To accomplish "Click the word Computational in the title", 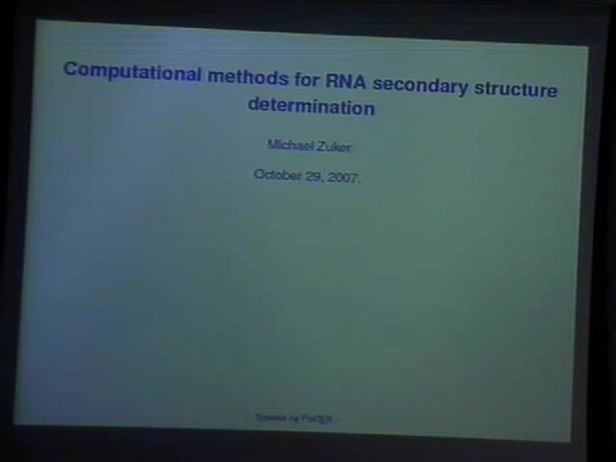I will click(x=132, y=71).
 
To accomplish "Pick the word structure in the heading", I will click(x=510, y=90).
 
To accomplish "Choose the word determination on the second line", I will click(x=311, y=106).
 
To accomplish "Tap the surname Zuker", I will click(x=333, y=147).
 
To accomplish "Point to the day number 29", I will click(x=314, y=176).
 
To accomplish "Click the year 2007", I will click(x=343, y=178).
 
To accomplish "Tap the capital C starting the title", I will click(x=69, y=69).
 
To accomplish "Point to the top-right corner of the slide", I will click(x=587, y=47).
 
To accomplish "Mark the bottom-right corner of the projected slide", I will click(x=571, y=441).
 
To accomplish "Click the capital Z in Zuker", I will click(x=320, y=147).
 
